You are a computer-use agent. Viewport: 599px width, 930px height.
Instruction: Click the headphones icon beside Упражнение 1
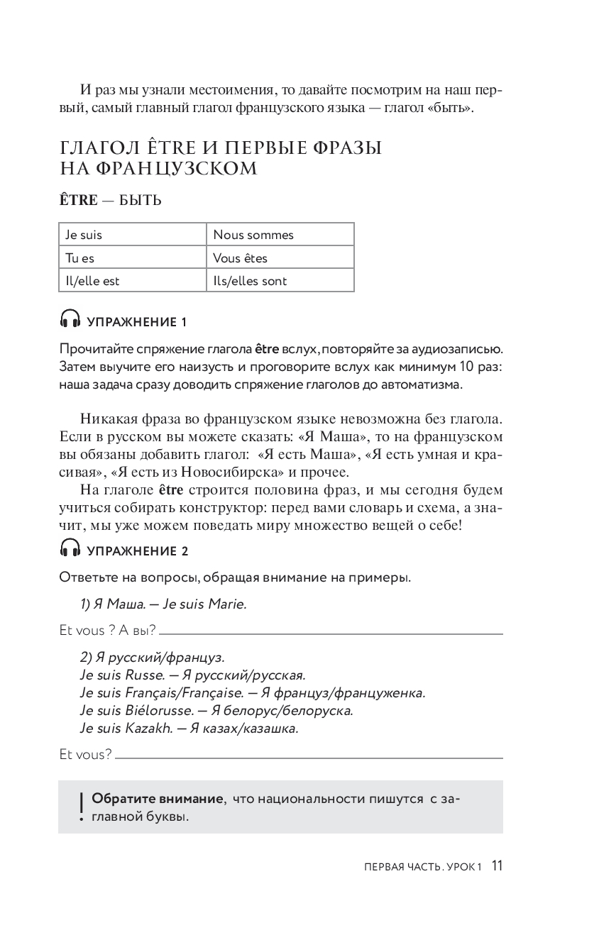[70, 321]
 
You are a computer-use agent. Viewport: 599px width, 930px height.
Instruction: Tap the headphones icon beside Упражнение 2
[70, 548]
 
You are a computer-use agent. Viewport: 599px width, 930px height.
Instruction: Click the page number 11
[496, 866]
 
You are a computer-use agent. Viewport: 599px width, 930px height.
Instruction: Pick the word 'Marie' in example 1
[226, 604]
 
